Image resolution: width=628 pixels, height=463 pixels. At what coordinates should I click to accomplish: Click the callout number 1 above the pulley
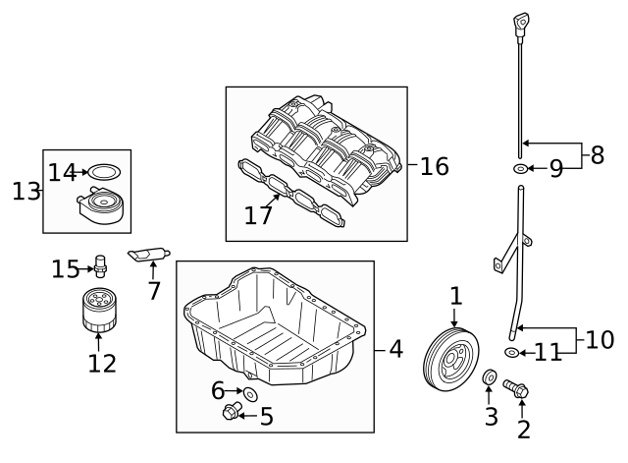click(455, 295)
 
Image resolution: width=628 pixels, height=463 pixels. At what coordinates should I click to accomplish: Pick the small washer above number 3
click(488, 376)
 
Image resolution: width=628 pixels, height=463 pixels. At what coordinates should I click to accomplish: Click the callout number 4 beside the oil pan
click(395, 348)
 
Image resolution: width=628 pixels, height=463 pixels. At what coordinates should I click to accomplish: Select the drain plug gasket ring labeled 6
click(249, 394)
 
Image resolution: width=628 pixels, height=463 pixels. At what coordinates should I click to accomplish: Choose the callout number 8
click(598, 154)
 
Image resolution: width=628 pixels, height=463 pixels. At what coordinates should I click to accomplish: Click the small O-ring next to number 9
click(519, 169)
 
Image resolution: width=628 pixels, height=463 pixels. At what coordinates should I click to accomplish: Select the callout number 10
click(600, 340)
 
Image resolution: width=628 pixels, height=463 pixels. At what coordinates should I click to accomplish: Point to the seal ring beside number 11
click(511, 352)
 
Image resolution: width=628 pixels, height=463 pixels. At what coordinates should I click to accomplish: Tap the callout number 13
click(26, 191)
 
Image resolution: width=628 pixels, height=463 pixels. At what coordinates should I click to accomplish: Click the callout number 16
click(434, 166)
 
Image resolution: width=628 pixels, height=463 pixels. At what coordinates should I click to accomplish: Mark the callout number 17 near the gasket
click(258, 214)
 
